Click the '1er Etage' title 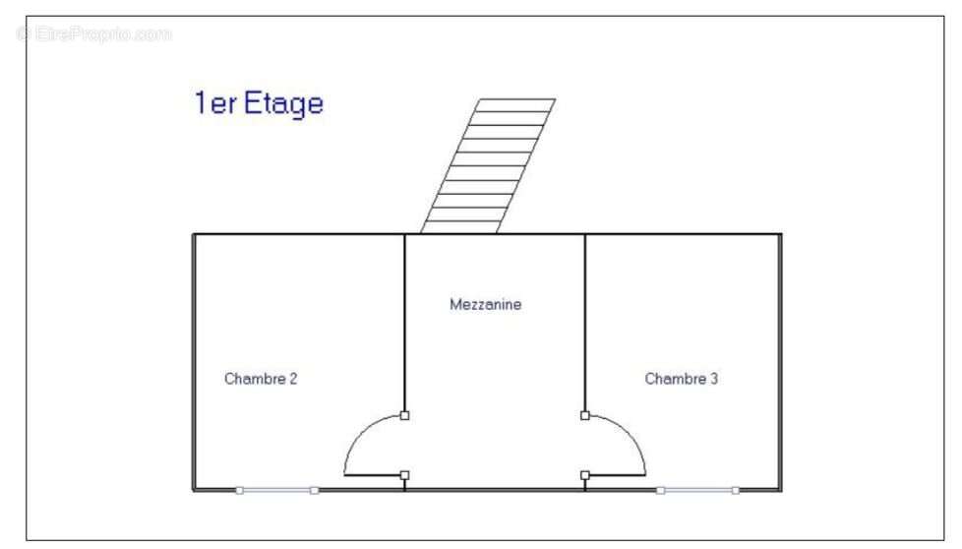[x=259, y=103]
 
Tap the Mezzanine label [x=485, y=304]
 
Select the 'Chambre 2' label [x=261, y=379]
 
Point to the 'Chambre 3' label [x=681, y=379]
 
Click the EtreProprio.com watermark [x=93, y=33]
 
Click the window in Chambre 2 [x=276, y=490]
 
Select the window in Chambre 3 [x=697, y=490]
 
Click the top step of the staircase [x=514, y=105]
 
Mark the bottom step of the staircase [x=461, y=227]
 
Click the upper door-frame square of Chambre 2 [x=404, y=415]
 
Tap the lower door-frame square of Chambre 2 [x=404, y=475]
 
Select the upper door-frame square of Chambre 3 [x=584, y=415]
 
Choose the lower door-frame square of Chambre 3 [x=584, y=475]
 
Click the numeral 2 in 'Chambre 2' [x=293, y=379]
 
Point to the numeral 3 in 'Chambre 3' [x=713, y=379]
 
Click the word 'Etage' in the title [x=283, y=103]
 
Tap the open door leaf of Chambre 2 [x=373, y=475]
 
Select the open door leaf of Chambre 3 [x=617, y=475]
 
